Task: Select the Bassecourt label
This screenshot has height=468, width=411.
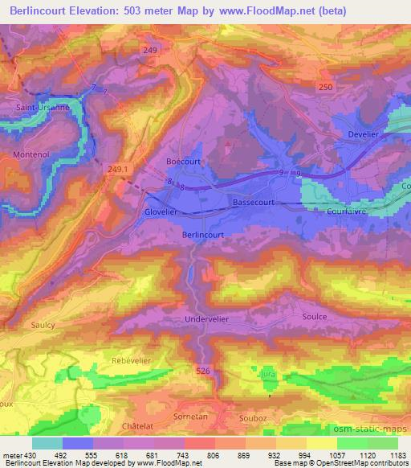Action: coord(254,203)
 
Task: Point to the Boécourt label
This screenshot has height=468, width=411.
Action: coord(182,162)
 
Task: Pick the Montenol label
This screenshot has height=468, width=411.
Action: coord(32,154)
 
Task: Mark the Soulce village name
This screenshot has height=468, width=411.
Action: coord(315,317)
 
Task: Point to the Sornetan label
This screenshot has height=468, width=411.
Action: coord(189,417)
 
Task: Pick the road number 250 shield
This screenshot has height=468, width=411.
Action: coord(324,86)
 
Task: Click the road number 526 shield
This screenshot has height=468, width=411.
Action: coord(202,370)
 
